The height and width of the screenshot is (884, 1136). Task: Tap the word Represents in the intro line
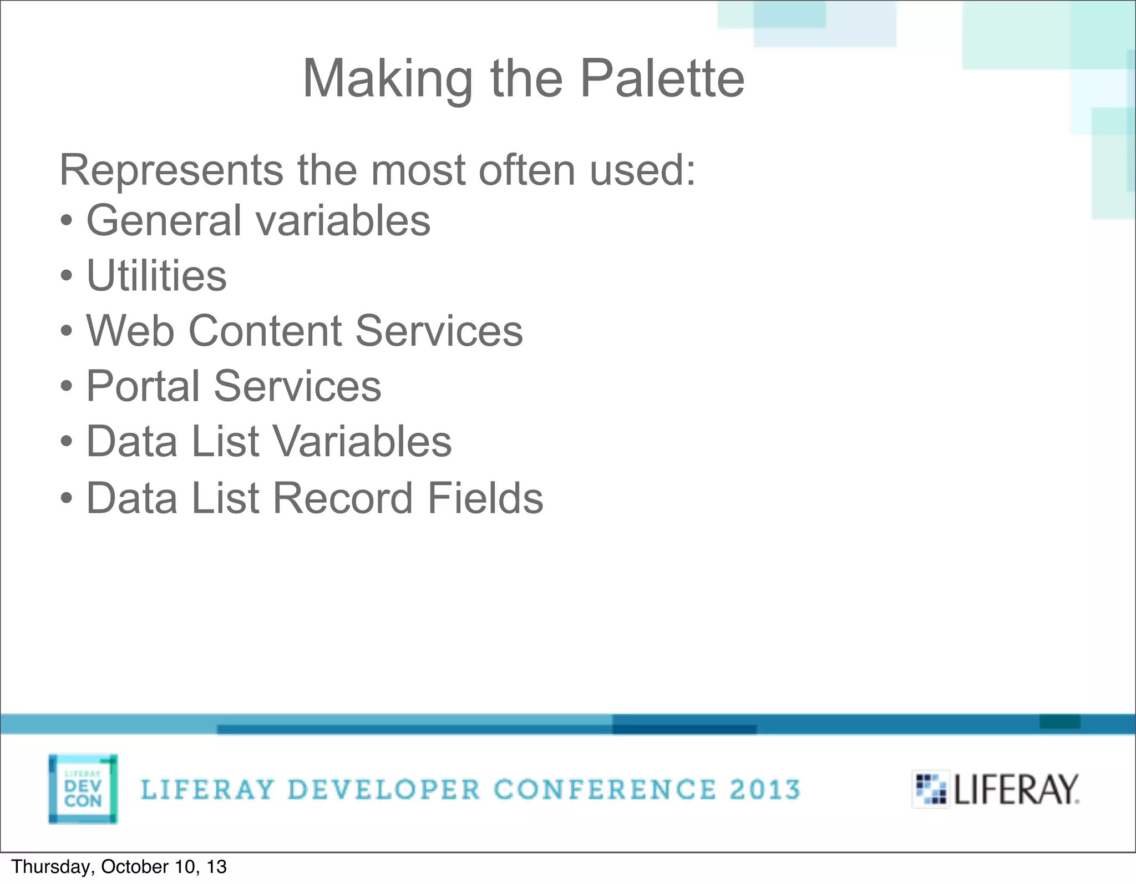[x=171, y=170]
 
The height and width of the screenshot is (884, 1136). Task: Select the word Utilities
[x=157, y=275]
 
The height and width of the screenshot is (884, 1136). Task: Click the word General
[x=164, y=220]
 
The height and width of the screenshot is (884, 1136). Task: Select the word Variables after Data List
[x=362, y=442]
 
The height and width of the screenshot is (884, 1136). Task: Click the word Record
[x=343, y=498]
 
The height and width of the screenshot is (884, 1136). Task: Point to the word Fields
[x=485, y=498]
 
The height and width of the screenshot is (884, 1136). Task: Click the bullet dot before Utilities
[x=66, y=276]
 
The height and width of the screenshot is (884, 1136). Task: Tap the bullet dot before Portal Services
[x=66, y=387]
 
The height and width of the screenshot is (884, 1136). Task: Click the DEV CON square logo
[x=83, y=789]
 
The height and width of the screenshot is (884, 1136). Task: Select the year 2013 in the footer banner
[x=765, y=790]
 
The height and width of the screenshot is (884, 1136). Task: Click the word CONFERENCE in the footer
[x=605, y=790]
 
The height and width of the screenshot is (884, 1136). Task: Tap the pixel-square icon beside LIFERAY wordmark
[x=931, y=789]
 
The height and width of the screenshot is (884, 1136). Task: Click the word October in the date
[x=125, y=867]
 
